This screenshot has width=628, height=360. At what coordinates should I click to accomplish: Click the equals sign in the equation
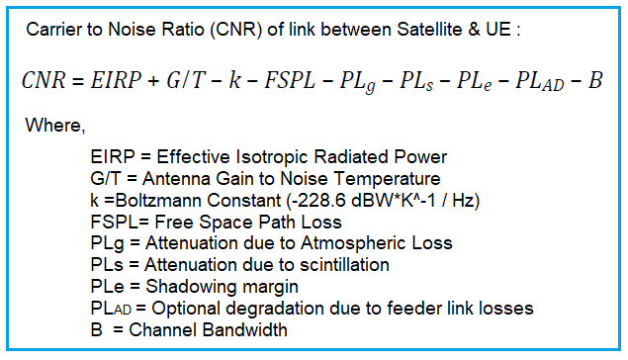[x=87, y=81]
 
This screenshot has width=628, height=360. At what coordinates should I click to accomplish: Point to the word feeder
[x=413, y=309]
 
